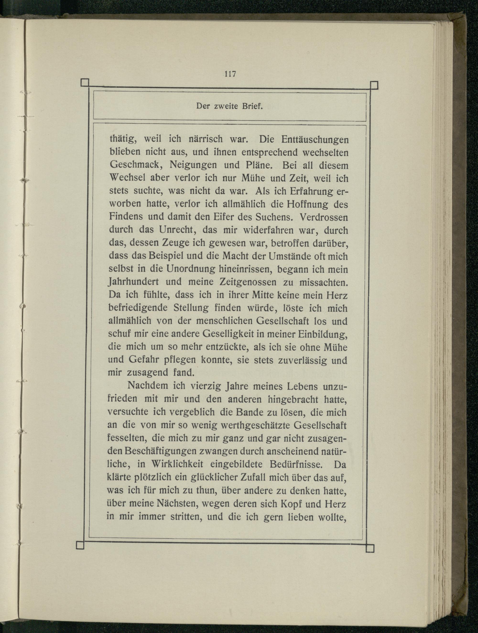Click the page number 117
point(230,74)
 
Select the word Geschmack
point(136,165)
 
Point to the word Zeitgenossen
point(248,282)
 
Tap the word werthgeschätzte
point(255,426)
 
